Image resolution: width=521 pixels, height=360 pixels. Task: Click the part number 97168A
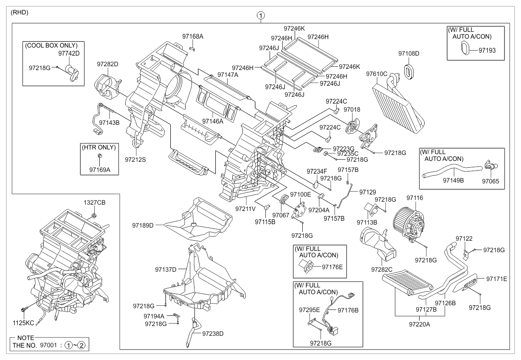193,37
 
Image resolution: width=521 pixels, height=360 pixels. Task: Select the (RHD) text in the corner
20,12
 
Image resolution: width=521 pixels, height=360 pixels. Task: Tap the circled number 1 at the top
260,16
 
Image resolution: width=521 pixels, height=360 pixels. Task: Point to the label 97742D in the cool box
69,54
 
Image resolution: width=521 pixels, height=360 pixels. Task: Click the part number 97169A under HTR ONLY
99,169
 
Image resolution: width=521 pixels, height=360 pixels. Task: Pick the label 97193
487,50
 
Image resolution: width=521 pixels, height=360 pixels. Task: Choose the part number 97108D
408,53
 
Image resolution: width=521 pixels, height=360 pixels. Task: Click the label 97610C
377,74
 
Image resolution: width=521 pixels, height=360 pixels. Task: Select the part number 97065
490,180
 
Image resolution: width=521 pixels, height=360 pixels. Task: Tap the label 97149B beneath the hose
453,180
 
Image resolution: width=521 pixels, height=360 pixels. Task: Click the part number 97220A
420,324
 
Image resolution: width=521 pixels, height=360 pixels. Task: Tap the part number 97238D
213,333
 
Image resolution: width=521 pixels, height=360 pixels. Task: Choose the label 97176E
332,267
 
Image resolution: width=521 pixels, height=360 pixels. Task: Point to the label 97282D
107,64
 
